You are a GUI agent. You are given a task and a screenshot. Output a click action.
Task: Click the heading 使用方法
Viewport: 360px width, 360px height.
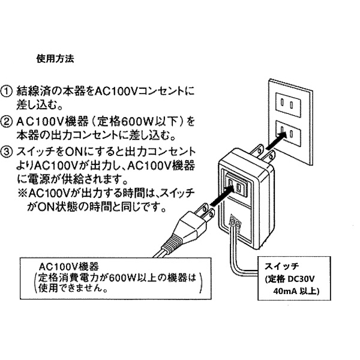pyautogui.click(x=55, y=60)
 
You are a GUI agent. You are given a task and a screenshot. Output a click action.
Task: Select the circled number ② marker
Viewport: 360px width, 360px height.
pyautogui.click(x=8, y=121)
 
